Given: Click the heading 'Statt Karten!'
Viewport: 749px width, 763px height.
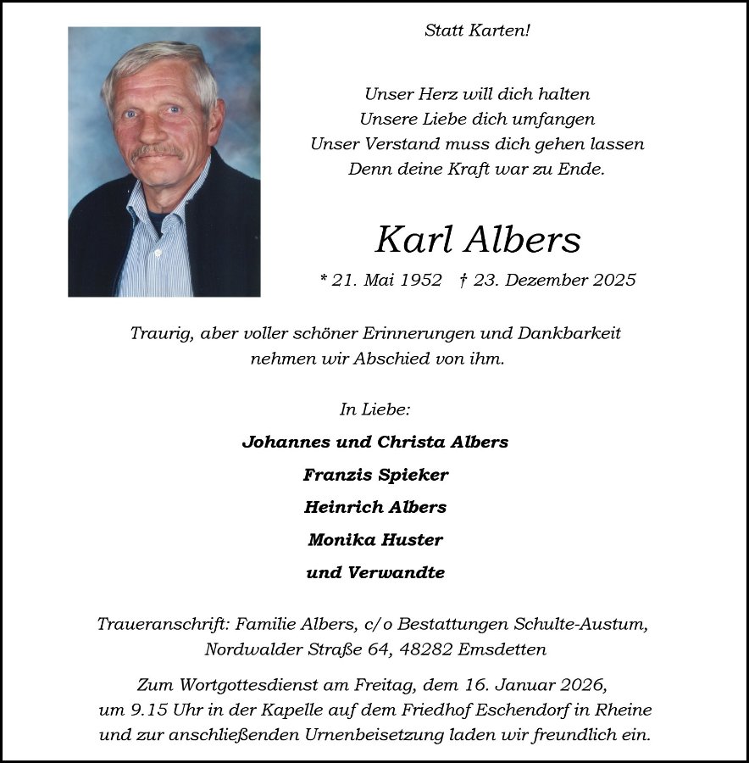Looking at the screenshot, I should (x=477, y=31).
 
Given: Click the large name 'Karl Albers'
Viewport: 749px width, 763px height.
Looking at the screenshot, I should (x=478, y=240).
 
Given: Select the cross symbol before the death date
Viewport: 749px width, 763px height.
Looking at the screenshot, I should (x=463, y=279).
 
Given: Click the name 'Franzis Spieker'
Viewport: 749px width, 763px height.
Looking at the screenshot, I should (x=375, y=475).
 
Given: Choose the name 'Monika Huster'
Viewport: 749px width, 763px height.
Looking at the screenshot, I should (x=375, y=539).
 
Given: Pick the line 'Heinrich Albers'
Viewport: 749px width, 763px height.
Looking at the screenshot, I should (x=375, y=507).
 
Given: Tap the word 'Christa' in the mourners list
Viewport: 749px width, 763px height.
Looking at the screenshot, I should (x=409, y=442).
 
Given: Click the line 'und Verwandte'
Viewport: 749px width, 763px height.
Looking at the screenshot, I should (x=375, y=572).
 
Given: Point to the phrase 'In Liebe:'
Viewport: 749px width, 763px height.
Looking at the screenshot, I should (x=374, y=409).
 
